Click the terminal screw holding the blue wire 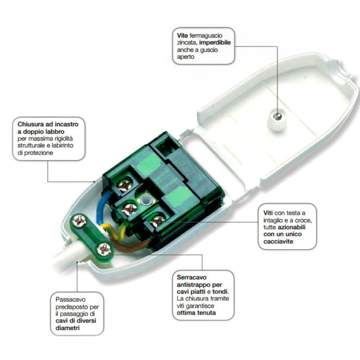125,187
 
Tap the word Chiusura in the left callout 33,125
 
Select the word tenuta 205,313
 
